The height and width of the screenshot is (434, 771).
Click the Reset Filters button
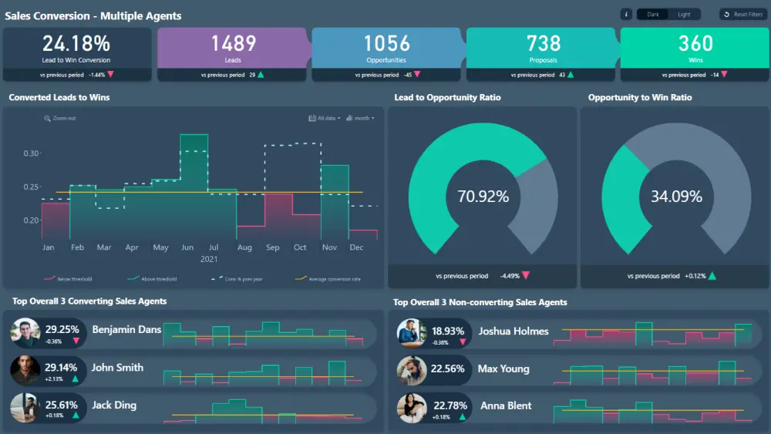742,14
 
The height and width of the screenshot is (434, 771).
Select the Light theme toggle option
684,14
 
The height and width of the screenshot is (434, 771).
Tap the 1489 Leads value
233,43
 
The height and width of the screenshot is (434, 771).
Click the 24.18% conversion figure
76,43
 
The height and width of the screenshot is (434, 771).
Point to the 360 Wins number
695,43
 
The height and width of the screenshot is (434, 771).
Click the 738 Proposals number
544,43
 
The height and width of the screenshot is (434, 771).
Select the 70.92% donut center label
483,197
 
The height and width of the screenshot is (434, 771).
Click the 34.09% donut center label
676,197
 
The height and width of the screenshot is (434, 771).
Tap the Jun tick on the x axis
187,247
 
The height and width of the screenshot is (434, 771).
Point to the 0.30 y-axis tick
31,153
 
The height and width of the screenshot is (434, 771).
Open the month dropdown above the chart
361,118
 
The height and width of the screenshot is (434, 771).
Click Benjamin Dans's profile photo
25,333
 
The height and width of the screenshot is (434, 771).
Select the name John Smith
117,368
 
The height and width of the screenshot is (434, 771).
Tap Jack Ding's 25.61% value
62,405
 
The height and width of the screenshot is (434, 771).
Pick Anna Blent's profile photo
411,408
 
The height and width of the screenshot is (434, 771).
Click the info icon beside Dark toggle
626,14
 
